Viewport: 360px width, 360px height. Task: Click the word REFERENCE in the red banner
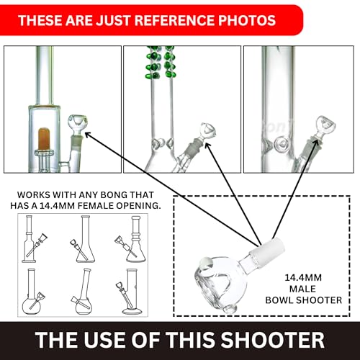175,20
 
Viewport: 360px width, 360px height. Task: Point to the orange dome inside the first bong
44,138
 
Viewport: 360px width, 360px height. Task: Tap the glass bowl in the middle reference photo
208,132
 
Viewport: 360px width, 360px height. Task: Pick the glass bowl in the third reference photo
325,126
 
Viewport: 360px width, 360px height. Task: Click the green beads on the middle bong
161,63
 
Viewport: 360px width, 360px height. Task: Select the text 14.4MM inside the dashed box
303,278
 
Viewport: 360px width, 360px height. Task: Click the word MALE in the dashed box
302,289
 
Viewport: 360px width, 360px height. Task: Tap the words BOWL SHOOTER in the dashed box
303,300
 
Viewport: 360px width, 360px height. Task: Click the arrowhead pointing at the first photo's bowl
88,135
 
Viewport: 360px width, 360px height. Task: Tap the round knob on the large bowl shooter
207,264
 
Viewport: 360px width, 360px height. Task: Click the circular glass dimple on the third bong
281,143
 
